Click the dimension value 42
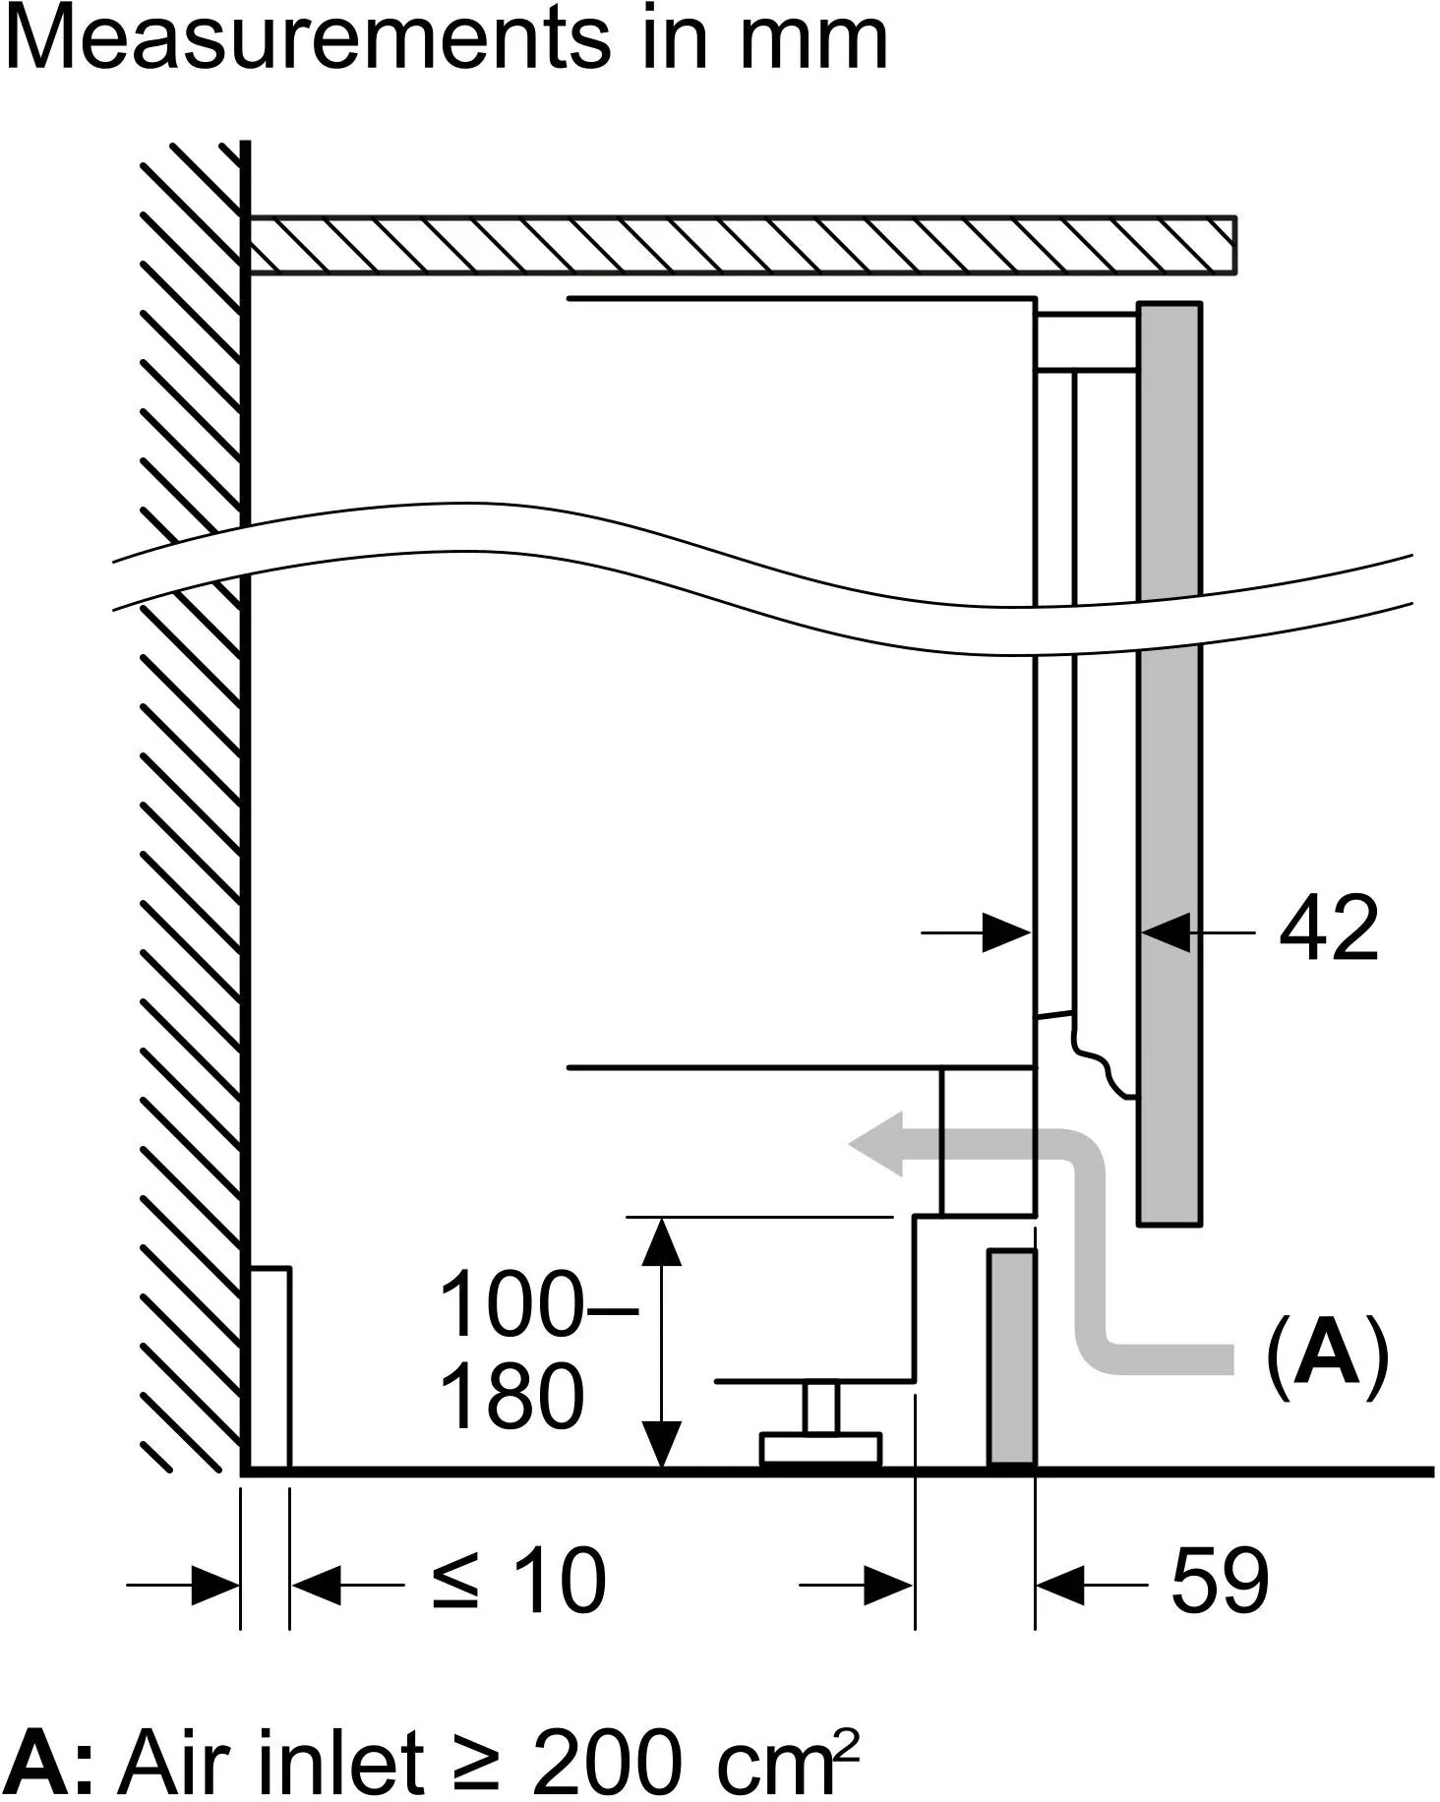[1328, 929]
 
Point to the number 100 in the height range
[511, 1304]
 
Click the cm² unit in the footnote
[788, 1758]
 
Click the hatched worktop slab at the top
[743, 245]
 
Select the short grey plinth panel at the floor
[1011, 1359]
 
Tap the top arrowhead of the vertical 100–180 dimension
[661, 1239]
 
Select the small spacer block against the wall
[269, 1368]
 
